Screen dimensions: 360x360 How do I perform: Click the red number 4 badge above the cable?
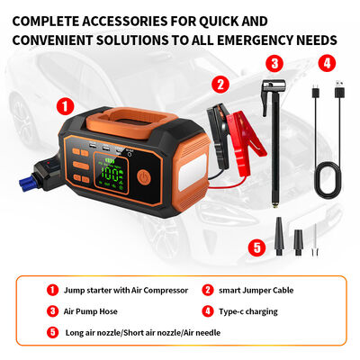tap(328, 63)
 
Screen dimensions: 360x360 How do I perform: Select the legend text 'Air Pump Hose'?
tap(92, 311)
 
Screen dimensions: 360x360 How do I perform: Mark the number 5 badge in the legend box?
tap(51, 332)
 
